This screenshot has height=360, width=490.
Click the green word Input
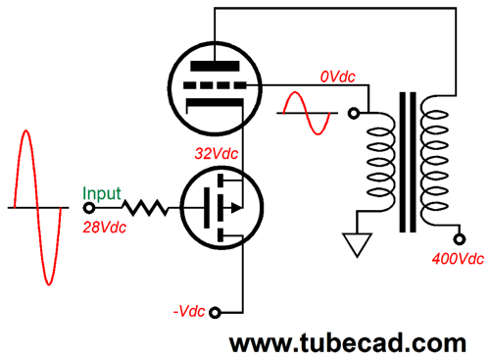click(102, 194)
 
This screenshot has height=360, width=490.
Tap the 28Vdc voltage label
click(103, 227)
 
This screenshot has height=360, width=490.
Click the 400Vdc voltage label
click(458, 260)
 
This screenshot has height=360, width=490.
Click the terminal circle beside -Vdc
click(218, 313)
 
